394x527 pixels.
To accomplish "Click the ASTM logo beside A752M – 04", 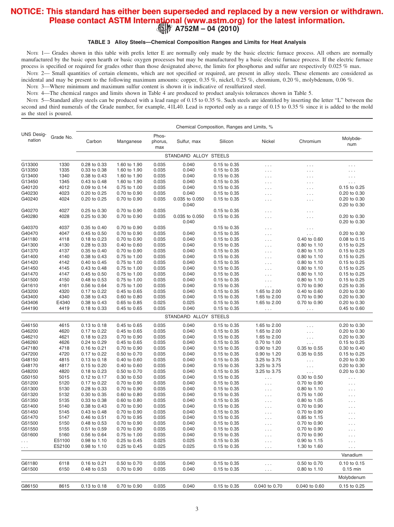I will click(164, 29).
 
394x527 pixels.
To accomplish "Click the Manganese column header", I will click(129, 141).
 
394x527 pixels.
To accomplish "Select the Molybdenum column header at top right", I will click(352, 141).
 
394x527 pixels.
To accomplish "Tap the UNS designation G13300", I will click(29, 164).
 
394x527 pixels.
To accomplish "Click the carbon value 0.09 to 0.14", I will click(94, 187).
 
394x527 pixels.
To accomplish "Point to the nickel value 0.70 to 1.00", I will click(268, 343).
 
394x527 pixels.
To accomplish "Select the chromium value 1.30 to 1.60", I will click(310, 446).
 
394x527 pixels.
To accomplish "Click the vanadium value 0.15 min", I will click(352, 469).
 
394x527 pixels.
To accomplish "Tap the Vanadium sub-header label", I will click(352, 455).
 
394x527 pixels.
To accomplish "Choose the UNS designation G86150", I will click(29, 486).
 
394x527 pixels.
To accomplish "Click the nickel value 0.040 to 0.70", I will click(268, 486).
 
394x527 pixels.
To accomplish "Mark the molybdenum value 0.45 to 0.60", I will click(352, 308).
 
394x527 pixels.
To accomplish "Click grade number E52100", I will click(62, 446).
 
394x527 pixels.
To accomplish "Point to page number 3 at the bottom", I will click(197, 509).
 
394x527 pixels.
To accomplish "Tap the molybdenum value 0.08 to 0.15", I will click(352, 239).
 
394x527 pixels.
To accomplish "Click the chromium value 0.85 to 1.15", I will click(310, 417).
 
